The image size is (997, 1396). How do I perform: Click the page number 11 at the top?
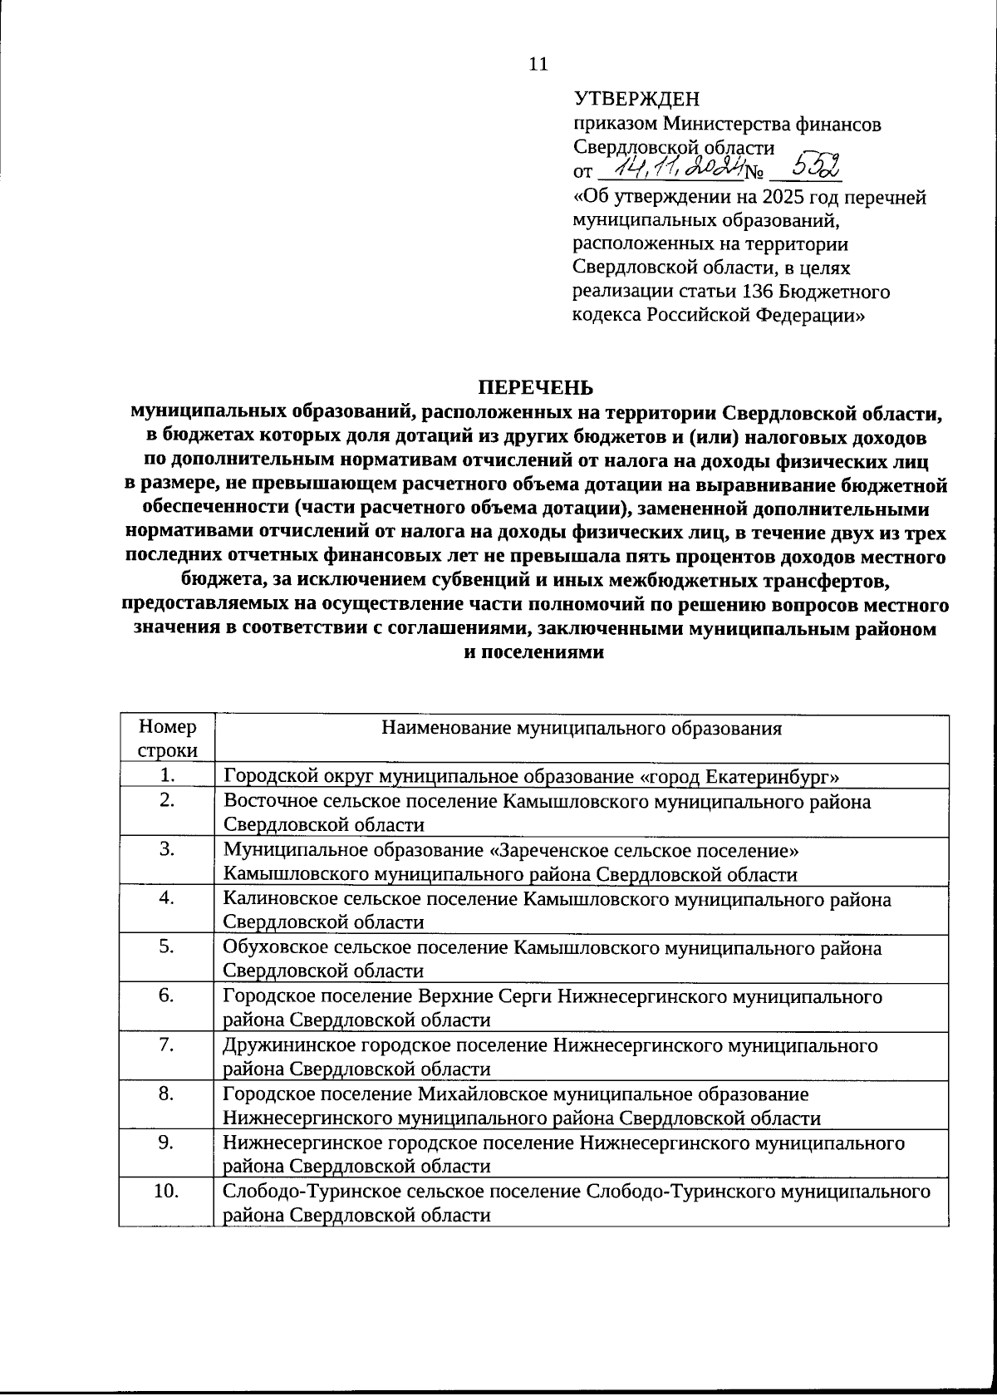(x=538, y=64)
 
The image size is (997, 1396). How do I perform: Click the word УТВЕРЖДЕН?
(x=637, y=100)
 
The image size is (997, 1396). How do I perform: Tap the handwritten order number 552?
(x=806, y=168)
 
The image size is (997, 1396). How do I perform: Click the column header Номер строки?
(x=167, y=739)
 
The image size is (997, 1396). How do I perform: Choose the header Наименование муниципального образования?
(x=582, y=729)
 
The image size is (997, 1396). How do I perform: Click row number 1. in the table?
(x=167, y=776)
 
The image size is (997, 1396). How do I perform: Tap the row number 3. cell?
(x=167, y=849)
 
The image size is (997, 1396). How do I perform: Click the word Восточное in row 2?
(x=271, y=802)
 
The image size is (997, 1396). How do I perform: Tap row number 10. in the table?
(x=167, y=1191)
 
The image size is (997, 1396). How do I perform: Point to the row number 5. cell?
(x=167, y=946)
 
